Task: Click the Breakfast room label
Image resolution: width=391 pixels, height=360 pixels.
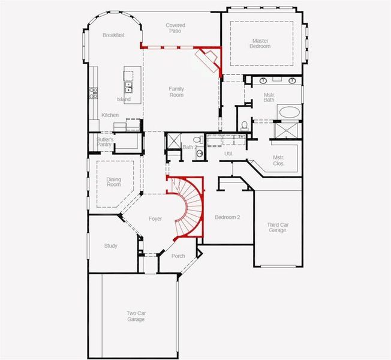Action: pyautogui.click(x=113, y=35)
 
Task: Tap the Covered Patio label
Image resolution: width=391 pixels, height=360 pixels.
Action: pyautogui.click(x=175, y=28)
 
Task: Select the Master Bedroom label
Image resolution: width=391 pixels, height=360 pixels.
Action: pyautogui.click(x=260, y=43)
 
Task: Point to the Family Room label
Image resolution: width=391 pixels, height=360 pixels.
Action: pyautogui.click(x=176, y=92)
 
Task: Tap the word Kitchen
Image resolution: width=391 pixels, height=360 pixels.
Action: pyautogui.click(x=110, y=115)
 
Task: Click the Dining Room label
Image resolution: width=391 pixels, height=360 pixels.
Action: pyautogui.click(x=113, y=182)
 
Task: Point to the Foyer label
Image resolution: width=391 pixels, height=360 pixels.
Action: pyautogui.click(x=155, y=219)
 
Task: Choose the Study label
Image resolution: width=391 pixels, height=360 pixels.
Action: pyautogui.click(x=110, y=246)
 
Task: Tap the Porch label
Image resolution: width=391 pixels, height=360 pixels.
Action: pyautogui.click(x=178, y=256)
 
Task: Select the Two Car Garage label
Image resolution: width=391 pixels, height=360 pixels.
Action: pyautogui.click(x=136, y=316)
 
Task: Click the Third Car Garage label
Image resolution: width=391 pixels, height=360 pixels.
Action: pyautogui.click(x=277, y=227)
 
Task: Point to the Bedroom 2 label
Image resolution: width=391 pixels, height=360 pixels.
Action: pyautogui.click(x=228, y=217)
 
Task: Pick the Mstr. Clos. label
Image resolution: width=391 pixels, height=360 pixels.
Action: pyautogui.click(x=279, y=160)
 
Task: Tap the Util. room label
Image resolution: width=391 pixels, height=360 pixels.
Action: pyautogui.click(x=228, y=154)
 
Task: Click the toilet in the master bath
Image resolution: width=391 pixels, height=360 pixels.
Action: pyautogui.click(x=244, y=125)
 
